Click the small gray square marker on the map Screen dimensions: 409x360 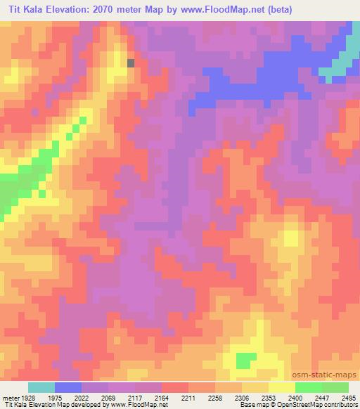coord(131,63)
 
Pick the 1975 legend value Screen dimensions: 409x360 coord(56,398)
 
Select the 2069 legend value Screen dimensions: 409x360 coord(108,398)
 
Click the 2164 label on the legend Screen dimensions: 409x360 coord(162,398)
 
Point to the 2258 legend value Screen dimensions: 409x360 coord(214,398)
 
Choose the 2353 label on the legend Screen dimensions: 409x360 coord(268,398)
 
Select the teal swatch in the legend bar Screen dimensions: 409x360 coord(41,387)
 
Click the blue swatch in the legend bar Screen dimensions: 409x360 coord(68,387)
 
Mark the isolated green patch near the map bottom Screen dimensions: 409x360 coord(245,361)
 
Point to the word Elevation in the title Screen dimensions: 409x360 coord(79,10)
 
